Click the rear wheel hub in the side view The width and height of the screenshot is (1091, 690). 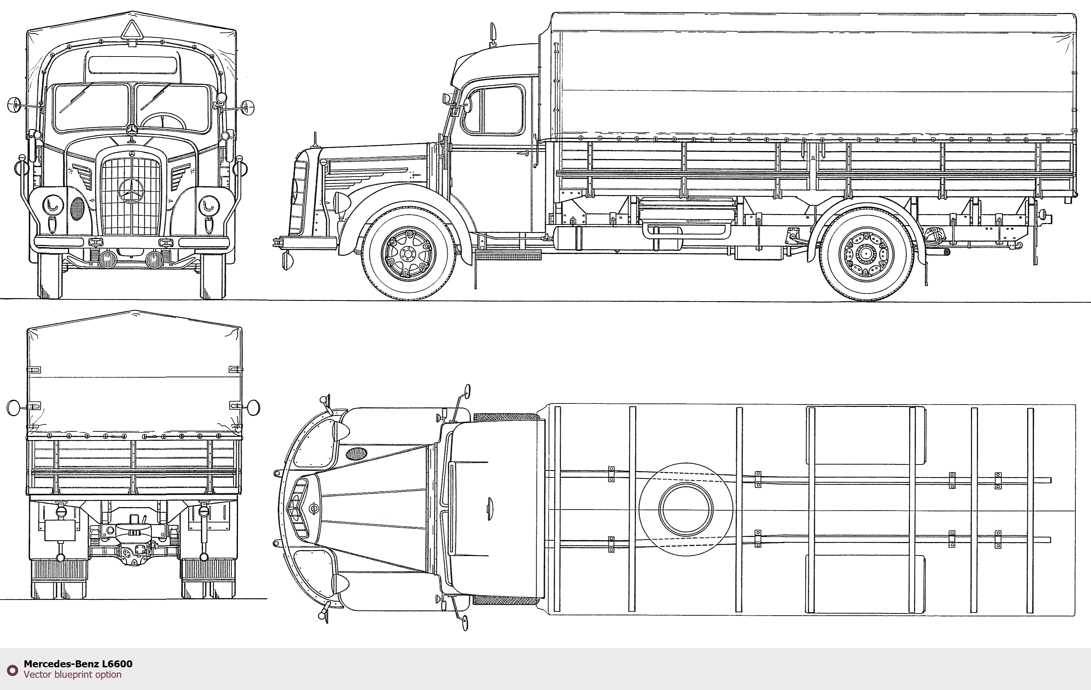pyautogui.click(x=866, y=254)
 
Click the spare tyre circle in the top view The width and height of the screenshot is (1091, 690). pyautogui.click(x=686, y=509)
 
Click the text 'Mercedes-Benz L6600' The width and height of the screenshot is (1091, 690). pyautogui.click(x=78, y=664)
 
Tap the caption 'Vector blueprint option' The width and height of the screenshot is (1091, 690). pyautogui.click(x=73, y=675)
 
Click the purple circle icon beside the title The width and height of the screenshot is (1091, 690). pyautogui.click(x=13, y=670)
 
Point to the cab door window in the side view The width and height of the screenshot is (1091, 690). pyautogui.click(x=493, y=110)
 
